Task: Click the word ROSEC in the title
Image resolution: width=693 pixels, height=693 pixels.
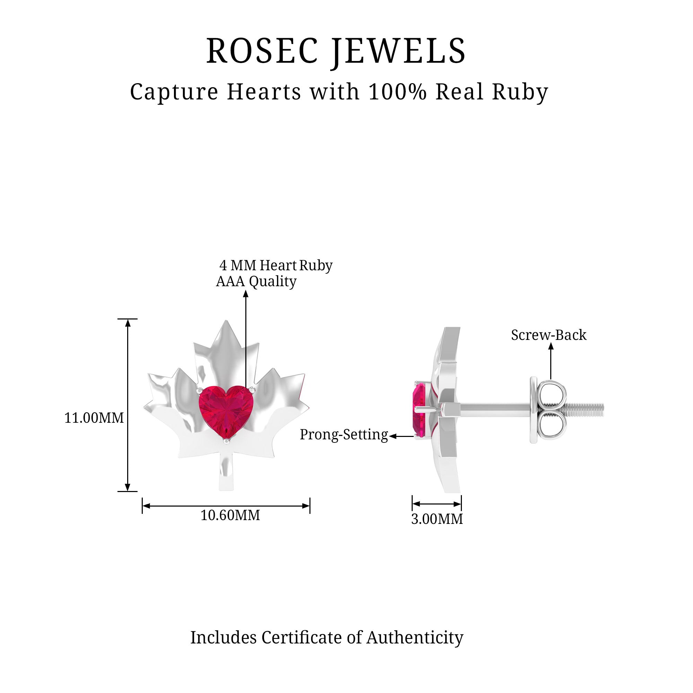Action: click(x=262, y=51)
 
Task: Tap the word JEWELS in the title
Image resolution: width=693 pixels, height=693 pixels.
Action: click(x=398, y=51)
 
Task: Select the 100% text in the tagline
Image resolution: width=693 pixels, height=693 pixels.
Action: click(x=397, y=91)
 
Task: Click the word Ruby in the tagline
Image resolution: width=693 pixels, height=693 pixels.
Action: click(x=520, y=92)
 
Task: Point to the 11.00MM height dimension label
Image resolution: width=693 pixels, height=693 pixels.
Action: click(x=94, y=418)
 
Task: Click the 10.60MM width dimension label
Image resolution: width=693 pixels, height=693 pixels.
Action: click(x=230, y=516)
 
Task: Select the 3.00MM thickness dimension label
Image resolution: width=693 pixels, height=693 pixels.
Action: click(x=437, y=519)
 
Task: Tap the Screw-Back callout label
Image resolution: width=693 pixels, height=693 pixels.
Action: click(x=549, y=335)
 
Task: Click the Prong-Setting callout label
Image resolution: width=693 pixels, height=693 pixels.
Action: click(x=344, y=435)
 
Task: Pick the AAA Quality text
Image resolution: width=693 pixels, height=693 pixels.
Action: click(x=256, y=281)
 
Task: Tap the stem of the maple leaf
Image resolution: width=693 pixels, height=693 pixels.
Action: click(x=226, y=473)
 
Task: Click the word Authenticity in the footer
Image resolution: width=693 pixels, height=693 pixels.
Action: click(x=415, y=638)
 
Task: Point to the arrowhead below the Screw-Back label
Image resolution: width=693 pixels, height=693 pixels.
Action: click(x=551, y=346)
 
